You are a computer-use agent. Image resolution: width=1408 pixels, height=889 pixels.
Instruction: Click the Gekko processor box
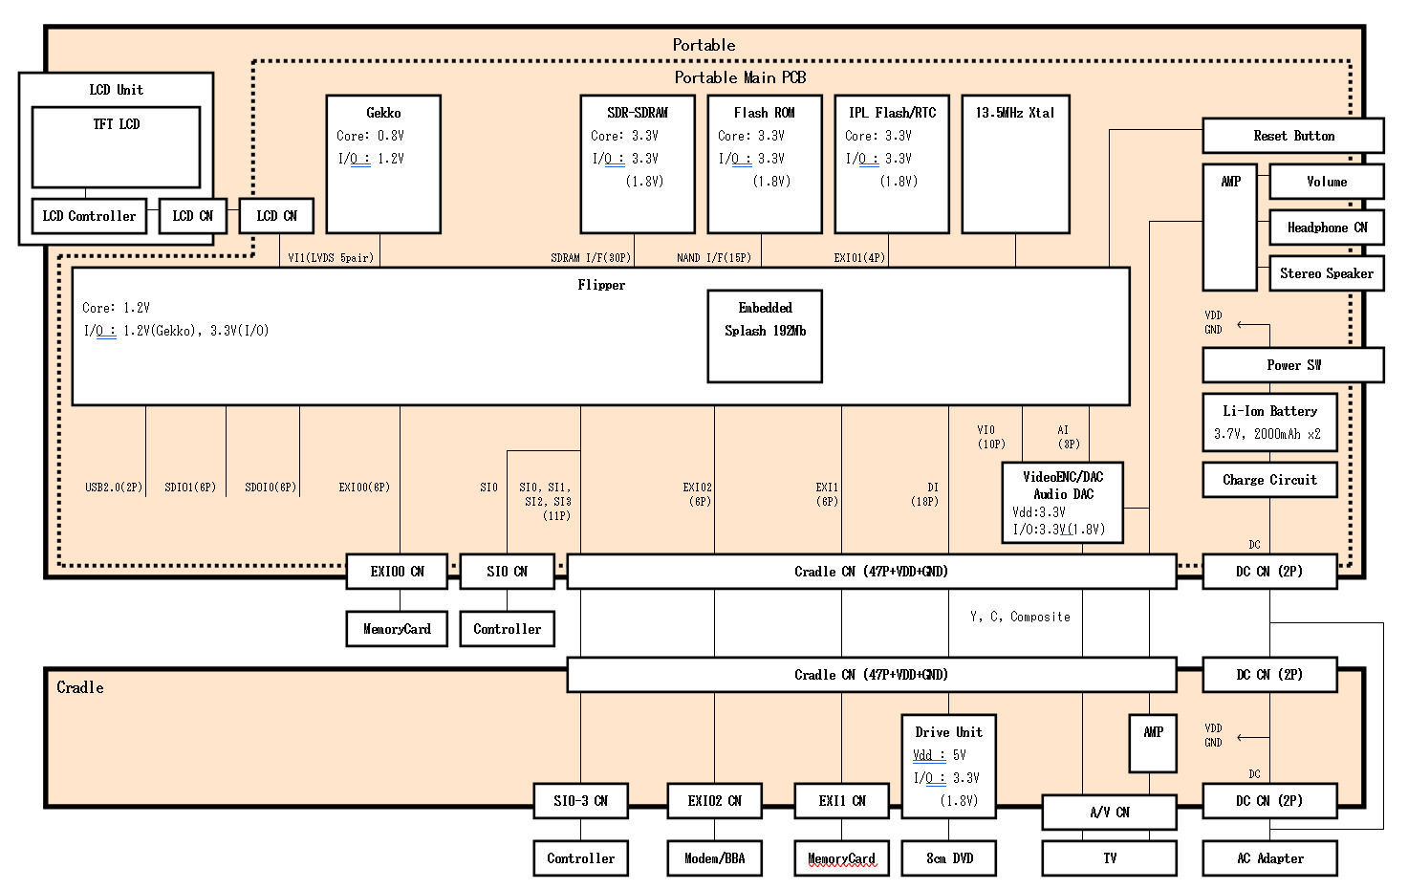point(383,163)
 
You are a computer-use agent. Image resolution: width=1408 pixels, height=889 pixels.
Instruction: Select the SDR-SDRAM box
point(638,163)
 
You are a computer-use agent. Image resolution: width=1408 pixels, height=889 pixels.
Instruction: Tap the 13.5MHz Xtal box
point(1015,163)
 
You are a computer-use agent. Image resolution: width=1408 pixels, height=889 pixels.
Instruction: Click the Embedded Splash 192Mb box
point(765,336)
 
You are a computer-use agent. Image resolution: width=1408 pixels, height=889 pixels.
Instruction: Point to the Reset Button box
point(1292,136)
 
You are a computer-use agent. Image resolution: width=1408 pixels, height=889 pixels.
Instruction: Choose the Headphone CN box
point(1326,228)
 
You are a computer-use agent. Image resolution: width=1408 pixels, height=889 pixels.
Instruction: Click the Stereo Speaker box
point(1326,273)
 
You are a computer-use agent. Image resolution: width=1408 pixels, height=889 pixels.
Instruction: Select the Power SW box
point(1292,365)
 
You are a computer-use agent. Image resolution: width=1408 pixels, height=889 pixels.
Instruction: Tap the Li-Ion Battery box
point(1269,422)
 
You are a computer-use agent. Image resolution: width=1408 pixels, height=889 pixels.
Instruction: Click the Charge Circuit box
point(1269,480)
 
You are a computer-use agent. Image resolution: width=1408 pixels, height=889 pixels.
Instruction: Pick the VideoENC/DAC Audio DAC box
point(1062,503)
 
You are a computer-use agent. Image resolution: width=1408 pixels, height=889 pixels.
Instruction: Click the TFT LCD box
point(116,146)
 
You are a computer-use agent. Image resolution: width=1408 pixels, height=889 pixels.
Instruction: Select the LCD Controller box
point(89,216)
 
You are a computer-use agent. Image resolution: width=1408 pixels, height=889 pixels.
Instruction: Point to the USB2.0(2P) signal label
point(114,488)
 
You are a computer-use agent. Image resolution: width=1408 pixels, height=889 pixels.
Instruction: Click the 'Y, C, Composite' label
point(1020,618)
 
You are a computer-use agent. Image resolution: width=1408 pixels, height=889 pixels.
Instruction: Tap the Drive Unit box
point(948,766)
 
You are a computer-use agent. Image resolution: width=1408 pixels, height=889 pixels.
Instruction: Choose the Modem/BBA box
point(714,858)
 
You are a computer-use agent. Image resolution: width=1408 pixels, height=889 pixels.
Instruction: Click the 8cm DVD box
point(949,858)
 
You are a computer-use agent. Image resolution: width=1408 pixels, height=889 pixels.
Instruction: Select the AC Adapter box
point(1269,858)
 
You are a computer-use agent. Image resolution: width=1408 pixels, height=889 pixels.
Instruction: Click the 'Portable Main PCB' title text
point(740,77)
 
